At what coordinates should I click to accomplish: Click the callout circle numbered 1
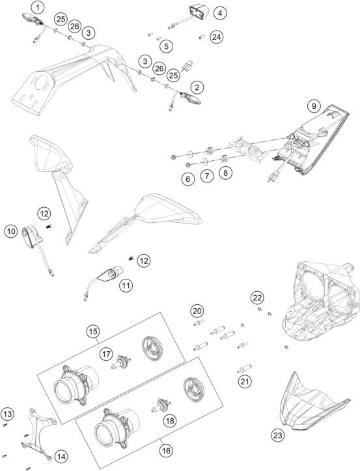pyautogui.click(x=38, y=7)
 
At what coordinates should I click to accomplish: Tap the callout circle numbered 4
pyautogui.click(x=220, y=13)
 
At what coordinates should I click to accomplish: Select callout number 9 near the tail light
pyautogui.click(x=314, y=106)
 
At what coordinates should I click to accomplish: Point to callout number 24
pyautogui.click(x=217, y=37)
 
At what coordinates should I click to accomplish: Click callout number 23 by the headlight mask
pyautogui.click(x=278, y=435)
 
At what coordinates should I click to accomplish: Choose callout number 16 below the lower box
pyautogui.click(x=166, y=451)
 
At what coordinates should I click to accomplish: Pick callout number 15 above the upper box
pyautogui.click(x=93, y=332)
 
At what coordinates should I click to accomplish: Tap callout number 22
pyautogui.click(x=257, y=298)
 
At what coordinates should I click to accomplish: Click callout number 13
pyautogui.click(x=8, y=414)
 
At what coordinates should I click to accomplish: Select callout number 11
pyautogui.click(x=126, y=285)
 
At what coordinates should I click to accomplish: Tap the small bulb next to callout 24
pyautogui.click(x=202, y=37)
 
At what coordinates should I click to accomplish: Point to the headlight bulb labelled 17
pyautogui.click(x=120, y=362)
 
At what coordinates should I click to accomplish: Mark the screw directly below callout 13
pyautogui.click(x=5, y=425)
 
